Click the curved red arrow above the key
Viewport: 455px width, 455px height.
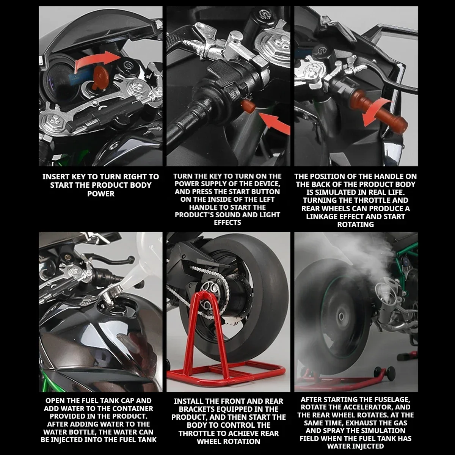click(x=97, y=61)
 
